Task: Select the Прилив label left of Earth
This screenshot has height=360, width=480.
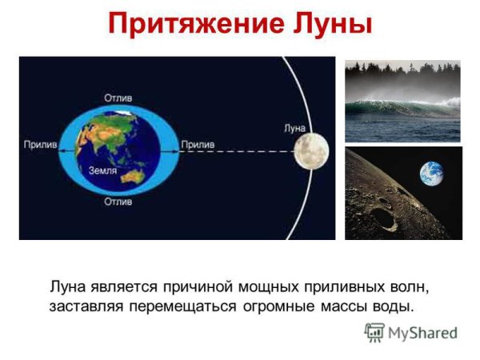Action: coord(38,145)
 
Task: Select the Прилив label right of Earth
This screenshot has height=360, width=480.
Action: coord(197,145)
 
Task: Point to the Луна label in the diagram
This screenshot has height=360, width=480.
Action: coord(295,127)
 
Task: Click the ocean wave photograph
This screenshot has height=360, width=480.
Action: coord(402,101)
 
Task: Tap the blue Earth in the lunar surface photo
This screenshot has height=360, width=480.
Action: coord(432,174)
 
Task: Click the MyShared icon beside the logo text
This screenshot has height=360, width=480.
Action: coord(374,332)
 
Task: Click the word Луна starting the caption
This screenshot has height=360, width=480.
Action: coord(68,286)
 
